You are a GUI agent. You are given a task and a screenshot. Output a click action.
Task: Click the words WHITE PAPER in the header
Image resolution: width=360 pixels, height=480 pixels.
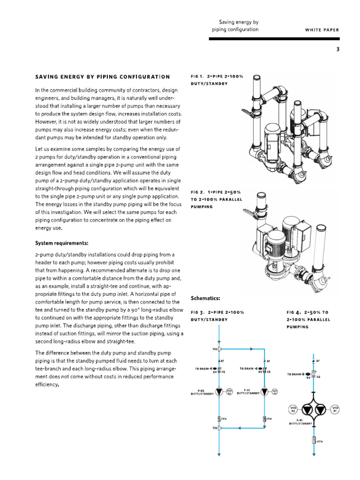click(x=322, y=30)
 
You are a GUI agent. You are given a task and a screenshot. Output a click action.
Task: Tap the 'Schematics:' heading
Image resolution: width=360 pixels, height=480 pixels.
click(x=205, y=298)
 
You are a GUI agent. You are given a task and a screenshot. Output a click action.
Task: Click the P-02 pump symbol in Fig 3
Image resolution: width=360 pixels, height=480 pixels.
click(x=219, y=391)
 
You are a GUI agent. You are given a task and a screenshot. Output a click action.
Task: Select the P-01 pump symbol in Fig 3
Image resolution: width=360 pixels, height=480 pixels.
click(x=265, y=391)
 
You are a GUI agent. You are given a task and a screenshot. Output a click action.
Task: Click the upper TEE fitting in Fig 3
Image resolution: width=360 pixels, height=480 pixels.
click(x=219, y=349)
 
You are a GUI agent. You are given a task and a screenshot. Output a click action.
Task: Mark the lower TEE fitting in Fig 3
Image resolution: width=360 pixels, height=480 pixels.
click(x=219, y=428)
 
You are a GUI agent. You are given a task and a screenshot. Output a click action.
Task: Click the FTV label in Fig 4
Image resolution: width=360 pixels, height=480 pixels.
click(x=320, y=441)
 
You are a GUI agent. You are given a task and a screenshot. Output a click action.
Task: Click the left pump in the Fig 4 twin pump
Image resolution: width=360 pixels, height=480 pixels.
click(x=307, y=409)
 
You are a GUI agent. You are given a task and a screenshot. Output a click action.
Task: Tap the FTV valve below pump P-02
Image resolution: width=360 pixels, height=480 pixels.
click(x=219, y=418)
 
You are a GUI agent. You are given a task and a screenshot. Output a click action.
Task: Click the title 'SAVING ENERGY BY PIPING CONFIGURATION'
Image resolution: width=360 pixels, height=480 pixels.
click(x=103, y=76)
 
